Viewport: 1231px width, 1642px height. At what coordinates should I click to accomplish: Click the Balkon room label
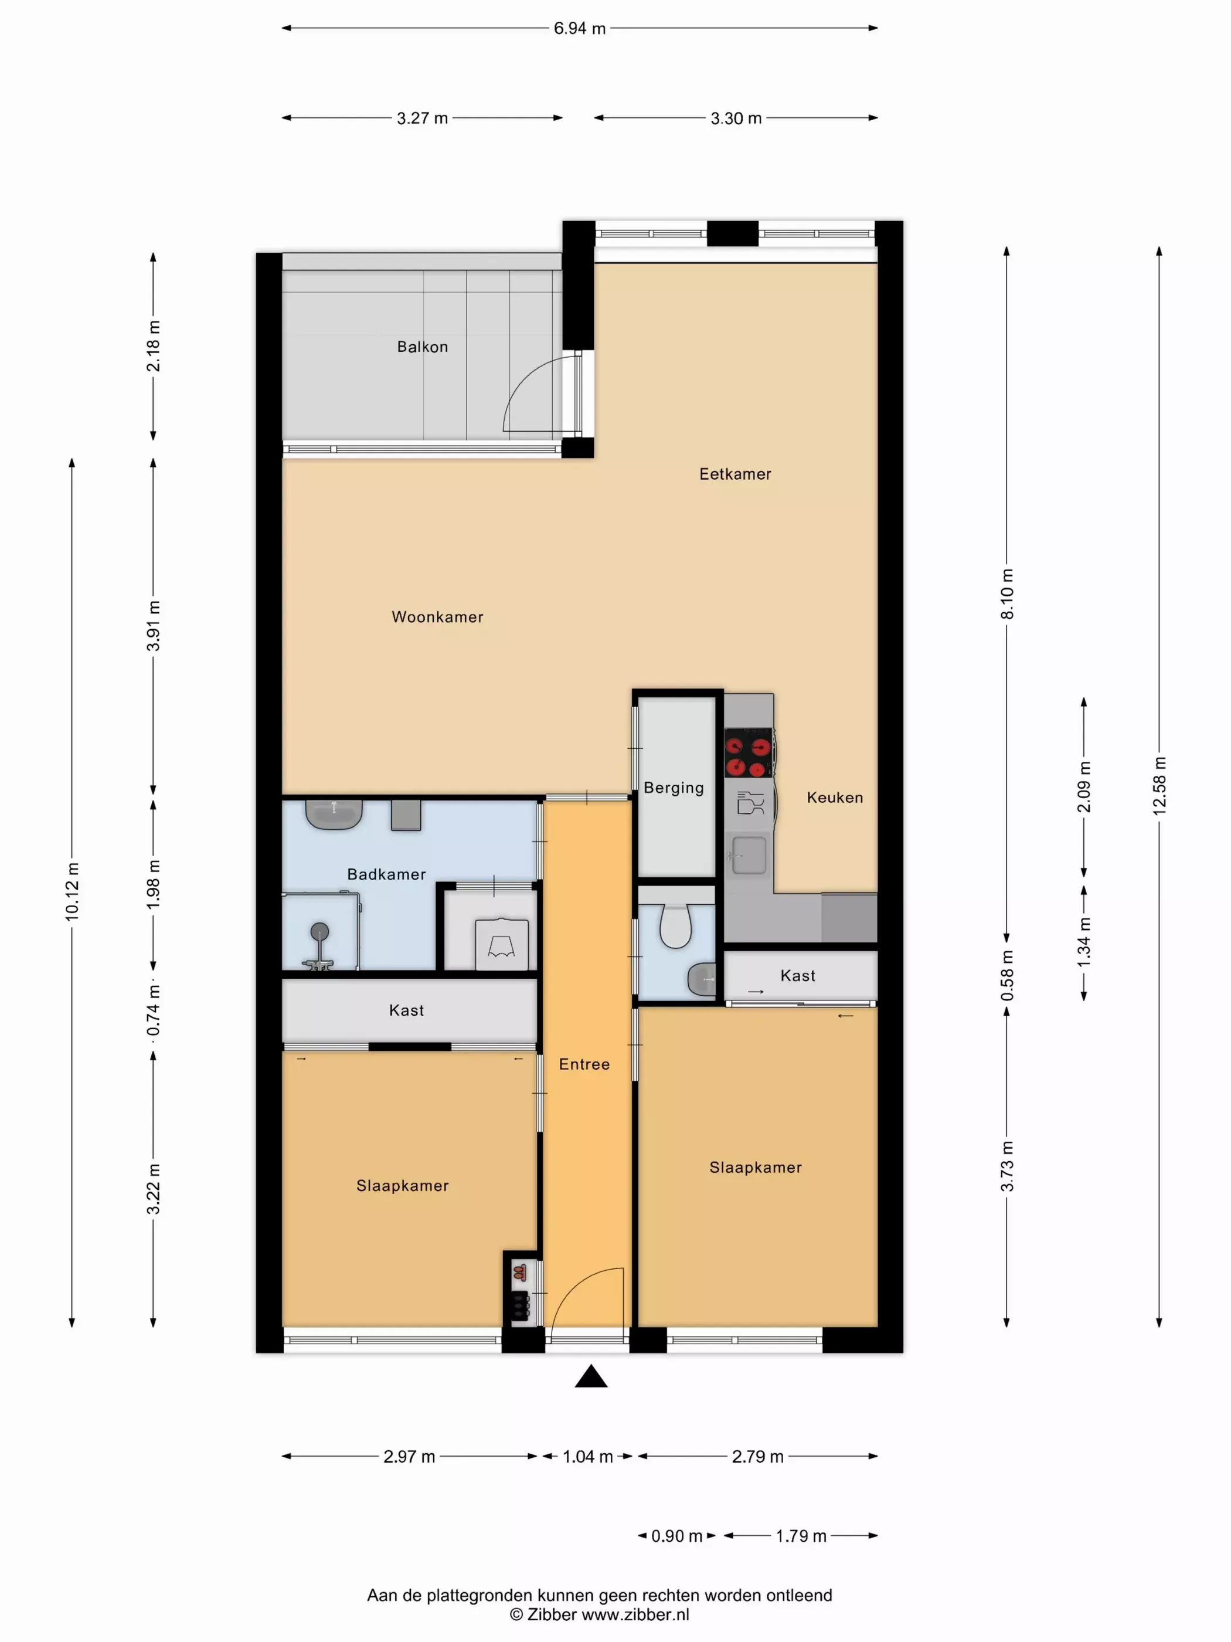pyautogui.click(x=422, y=347)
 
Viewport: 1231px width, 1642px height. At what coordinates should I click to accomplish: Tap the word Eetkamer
pyautogui.click(x=735, y=474)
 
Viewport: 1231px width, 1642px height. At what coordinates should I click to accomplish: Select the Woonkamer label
pyautogui.click(x=437, y=617)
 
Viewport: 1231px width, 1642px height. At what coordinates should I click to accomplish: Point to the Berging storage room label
pyautogui.click(x=674, y=788)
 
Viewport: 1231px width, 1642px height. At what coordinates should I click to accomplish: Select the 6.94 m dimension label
pyautogui.click(x=580, y=28)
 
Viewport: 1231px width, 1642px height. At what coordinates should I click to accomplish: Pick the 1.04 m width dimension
pyautogui.click(x=588, y=1457)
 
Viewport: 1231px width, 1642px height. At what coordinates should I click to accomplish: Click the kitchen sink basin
pyautogui.click(x=749, y=855)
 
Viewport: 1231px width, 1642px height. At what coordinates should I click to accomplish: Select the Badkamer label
pyautogui.click(x=386, y=874)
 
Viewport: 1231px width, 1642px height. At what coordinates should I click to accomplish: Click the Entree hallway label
pyautogui.click(x=584, y=1064)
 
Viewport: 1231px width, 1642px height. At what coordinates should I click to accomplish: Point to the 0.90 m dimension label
pyautogui.click(x=676, y=1536)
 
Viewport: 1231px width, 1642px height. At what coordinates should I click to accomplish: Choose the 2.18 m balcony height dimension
pyautogui.click(x=154, y=346)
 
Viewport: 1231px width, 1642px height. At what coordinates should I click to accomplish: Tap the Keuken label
pyautogui.click(x=835, y=797)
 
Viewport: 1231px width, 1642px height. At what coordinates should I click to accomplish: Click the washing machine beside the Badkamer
pyautogui.click(x=502, y=944)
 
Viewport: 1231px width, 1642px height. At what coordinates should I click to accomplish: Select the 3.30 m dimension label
pyautogui.click(x=736, y=118)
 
